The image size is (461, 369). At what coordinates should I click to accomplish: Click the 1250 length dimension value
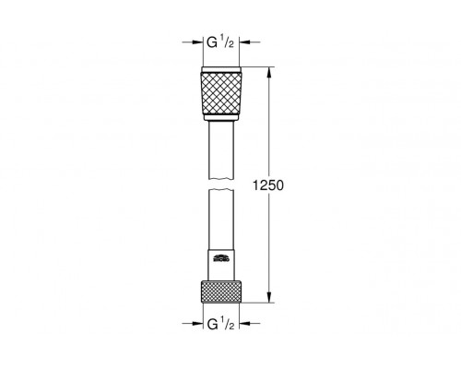(282, 184)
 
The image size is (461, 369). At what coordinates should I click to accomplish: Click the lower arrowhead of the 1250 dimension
(268, 298)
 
